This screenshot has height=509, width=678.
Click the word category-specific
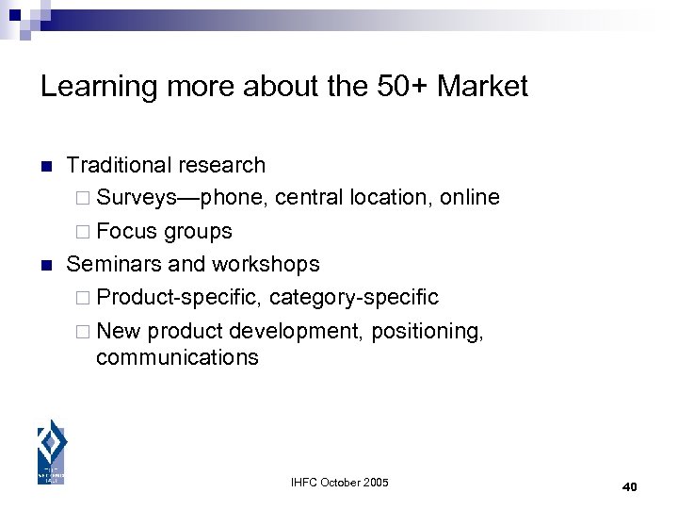coord(354,297)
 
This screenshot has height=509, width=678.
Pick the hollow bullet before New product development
coord(84,331)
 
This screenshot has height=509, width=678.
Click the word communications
coord(177,357)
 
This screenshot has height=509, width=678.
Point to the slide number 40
coord(630,486)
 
